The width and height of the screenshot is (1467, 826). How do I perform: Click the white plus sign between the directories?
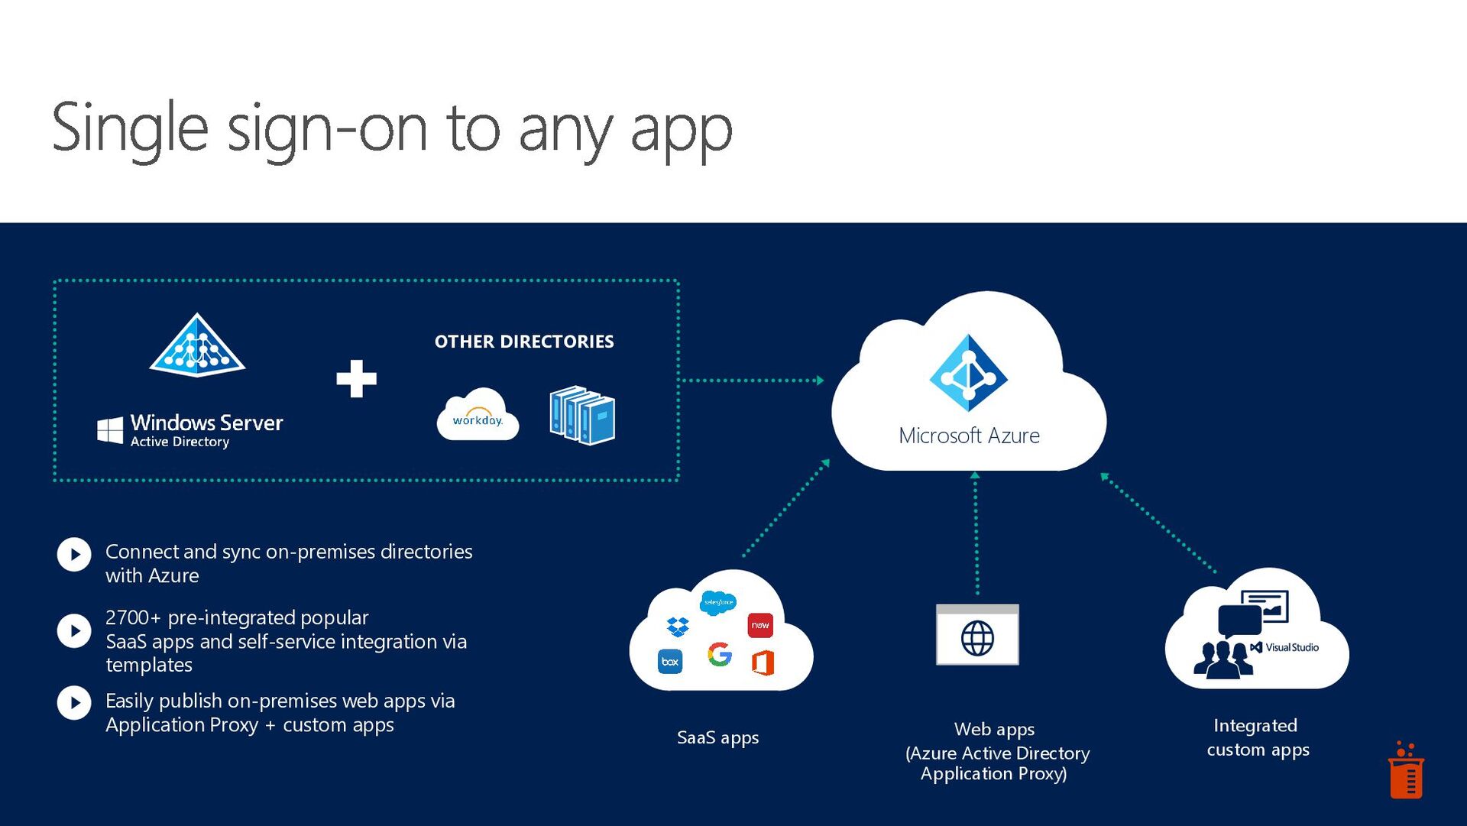(356, 378)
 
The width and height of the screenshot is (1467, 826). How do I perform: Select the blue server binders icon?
(582, 415)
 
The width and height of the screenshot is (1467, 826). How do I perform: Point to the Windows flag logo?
(110, 429)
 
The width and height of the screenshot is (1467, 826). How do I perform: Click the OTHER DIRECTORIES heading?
(524, 342)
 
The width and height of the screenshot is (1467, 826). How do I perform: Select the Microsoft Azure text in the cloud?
(969, 436)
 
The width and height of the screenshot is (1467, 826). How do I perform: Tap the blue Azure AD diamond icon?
(968, 374)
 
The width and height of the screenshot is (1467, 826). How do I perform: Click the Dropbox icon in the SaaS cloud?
(678, 627)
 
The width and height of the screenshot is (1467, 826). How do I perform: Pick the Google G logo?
(720, 654)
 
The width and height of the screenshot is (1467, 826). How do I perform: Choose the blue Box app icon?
(670, 662)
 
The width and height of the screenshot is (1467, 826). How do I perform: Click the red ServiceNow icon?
(760, 625)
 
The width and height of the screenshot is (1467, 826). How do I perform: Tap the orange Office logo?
(763, 662)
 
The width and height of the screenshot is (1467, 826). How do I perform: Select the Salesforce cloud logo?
(718, 602)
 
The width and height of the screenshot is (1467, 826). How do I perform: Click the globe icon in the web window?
(977, 638)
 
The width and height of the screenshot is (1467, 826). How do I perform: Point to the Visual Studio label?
(1291, 647)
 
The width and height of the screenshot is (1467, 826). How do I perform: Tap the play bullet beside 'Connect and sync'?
(74, 555)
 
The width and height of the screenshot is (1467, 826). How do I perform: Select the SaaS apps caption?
(717, 737)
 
